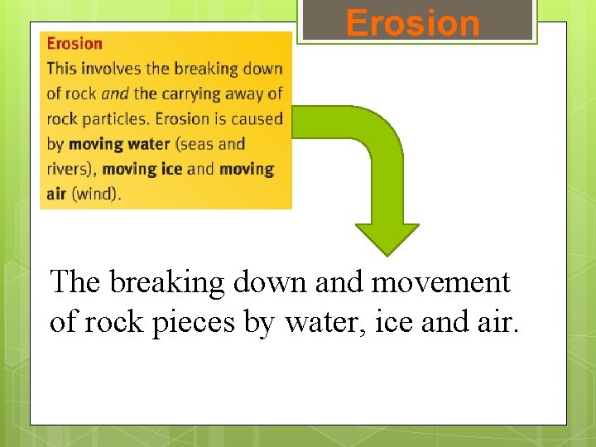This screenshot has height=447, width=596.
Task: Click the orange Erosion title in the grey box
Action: click(x=412, y=23)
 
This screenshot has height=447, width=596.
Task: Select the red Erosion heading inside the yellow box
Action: click(x=74, y=44)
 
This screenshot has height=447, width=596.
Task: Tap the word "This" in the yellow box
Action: click(x=62, y=69)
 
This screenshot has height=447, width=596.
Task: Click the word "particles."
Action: click(x=118, y=118)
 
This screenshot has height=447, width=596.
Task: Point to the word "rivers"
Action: click(x=70, y=169)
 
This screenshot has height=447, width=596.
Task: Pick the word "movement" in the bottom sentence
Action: click(x=440, y=283)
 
